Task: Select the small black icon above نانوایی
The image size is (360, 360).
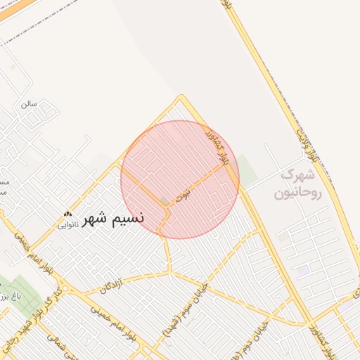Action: point(67,214)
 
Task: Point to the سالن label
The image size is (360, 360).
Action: point(28,104)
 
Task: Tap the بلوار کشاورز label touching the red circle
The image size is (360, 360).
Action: point(219,146)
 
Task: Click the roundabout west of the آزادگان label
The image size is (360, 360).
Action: point(65,289)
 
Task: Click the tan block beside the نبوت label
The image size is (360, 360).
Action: point(165,202)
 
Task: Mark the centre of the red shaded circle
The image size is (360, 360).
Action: point(180,180)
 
